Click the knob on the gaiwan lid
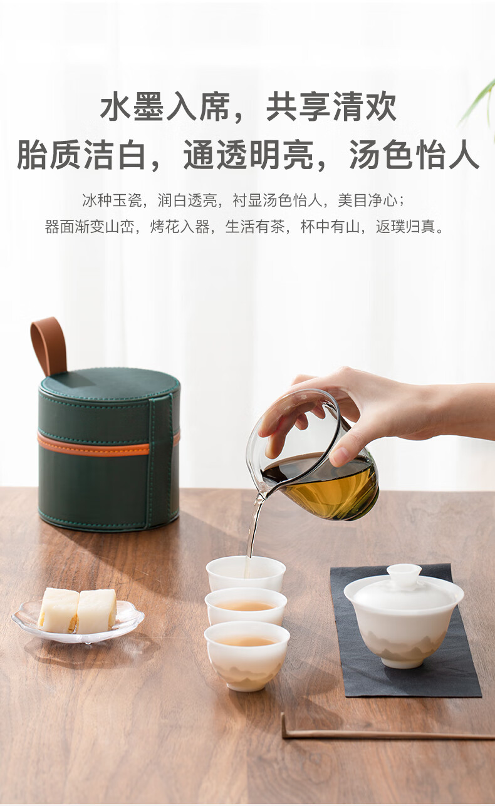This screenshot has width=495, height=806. point(404,572)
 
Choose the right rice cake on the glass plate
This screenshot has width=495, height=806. point(96,611)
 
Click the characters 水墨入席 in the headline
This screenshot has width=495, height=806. point(165,106)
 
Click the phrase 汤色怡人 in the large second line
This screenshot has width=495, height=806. point(414,155)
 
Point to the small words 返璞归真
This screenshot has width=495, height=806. point(406,227)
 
